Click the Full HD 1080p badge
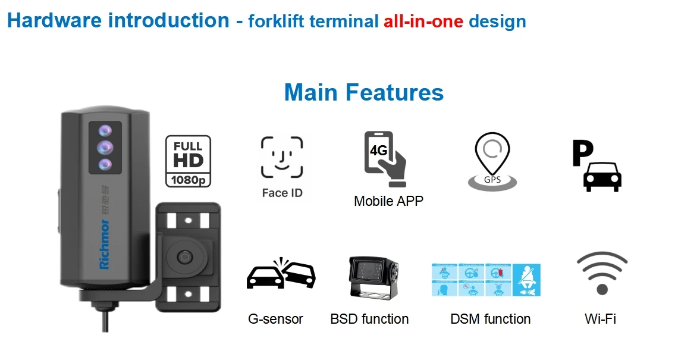coord(188,161)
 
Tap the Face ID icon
coord(282,158)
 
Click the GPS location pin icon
coord(492,161)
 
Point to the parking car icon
coord(597,166)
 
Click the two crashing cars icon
coord(281,274)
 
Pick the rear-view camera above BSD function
coord(373,277)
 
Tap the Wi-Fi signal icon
coord(602,273)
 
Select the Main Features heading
coord(364,93)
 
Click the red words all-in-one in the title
coord(423,22)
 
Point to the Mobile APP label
coord(388,201)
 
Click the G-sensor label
coord(275,319)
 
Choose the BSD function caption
coord(369,319)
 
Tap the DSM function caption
coord(491,319)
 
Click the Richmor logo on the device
coord(105,245)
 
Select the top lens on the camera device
coord(105,131)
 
